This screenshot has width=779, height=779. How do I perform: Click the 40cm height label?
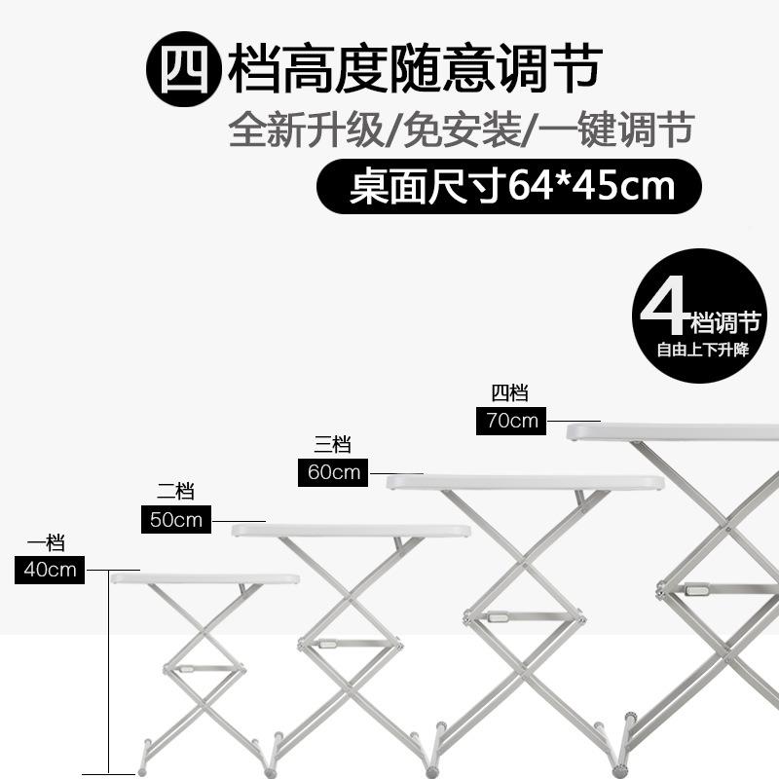50,570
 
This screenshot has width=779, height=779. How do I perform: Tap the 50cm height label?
176,520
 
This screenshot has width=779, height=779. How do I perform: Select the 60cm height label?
332,473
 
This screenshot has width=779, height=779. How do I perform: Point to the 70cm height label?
510,421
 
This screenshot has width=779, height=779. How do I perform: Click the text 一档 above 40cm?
46,543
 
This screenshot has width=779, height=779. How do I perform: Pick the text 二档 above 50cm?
175,492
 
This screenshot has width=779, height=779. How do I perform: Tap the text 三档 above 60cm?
332,445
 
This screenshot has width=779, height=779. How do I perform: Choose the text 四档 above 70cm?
509,393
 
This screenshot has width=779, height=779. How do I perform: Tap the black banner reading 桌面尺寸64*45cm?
511,186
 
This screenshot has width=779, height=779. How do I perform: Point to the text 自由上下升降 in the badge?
702,350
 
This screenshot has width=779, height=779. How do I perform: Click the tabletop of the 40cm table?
204,578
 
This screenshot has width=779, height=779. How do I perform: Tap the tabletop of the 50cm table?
351,531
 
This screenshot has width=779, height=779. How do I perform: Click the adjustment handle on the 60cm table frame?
498,617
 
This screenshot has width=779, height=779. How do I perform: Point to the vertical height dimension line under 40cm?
108,672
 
